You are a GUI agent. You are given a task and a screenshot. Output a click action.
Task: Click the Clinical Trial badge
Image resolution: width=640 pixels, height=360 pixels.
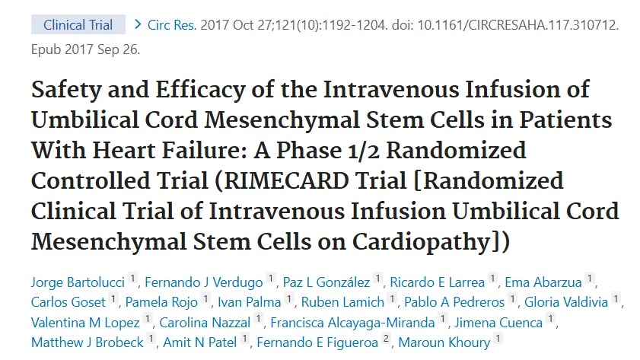[78, 24]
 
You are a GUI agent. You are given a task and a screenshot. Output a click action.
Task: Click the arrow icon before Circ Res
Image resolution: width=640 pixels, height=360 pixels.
[138, 24]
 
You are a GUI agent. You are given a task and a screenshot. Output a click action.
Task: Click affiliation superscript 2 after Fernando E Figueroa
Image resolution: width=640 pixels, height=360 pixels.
[387, 339]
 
